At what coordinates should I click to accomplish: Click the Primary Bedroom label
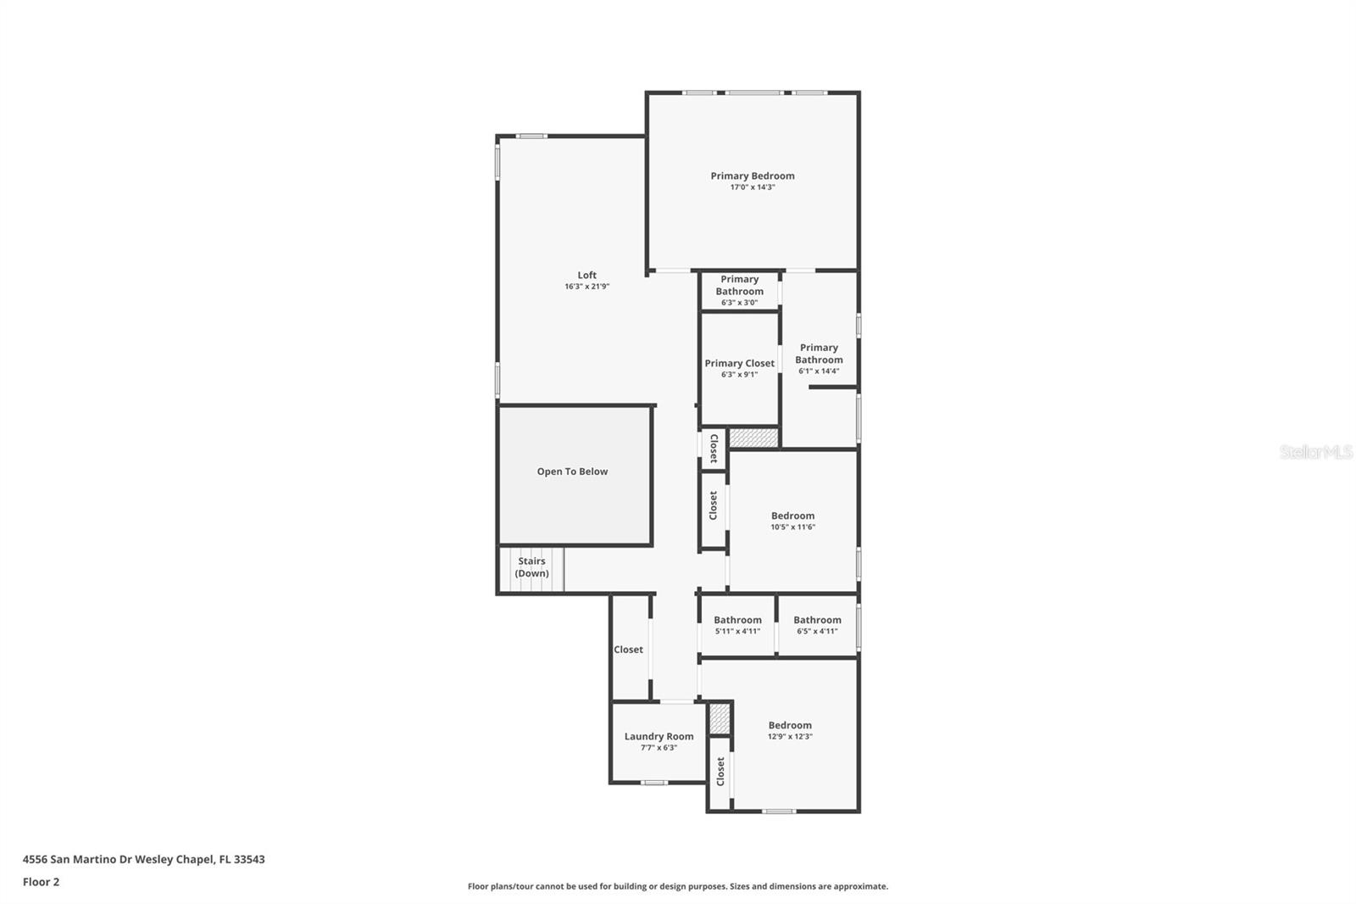753,176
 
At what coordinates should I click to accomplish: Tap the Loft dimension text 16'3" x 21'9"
586,287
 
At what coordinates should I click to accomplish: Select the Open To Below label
572,472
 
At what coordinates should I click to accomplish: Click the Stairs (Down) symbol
531,568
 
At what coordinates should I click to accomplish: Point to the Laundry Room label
659,736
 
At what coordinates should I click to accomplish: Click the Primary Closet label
739,363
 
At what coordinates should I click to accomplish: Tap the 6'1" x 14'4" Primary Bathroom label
819,358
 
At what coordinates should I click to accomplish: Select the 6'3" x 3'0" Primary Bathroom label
739,290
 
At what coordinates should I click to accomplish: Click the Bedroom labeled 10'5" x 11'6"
792,520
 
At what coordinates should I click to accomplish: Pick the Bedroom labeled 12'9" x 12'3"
790,729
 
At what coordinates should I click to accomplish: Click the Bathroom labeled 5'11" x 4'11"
737,624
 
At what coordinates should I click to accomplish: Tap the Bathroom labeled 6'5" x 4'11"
817,624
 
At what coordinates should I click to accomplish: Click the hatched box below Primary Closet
753,438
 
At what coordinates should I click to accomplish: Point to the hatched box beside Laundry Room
720,719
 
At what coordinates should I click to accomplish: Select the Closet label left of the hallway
628,650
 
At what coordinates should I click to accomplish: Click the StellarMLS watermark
1315,452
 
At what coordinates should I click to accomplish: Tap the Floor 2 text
41,882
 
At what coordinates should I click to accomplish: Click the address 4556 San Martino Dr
143,859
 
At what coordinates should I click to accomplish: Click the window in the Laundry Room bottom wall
653,783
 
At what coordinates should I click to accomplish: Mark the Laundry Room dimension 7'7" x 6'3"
659,748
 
